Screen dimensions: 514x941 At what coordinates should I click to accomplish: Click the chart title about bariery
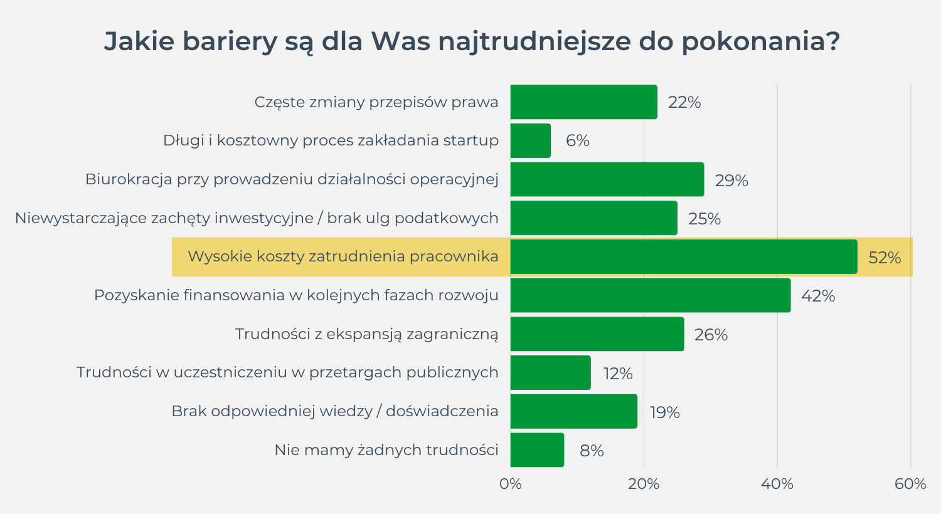click(472, 41)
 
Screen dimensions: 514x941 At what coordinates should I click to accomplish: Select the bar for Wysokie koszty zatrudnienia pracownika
click(684, 257)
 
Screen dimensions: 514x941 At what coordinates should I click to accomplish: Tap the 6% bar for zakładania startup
click(531, 140)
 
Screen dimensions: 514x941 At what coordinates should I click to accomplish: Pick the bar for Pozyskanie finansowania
click(651, 295)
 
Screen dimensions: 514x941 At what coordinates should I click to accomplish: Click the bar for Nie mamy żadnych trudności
click(537, 450)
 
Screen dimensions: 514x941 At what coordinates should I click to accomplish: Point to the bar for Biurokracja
click(607, 180)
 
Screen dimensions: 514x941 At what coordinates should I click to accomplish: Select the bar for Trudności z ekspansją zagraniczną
click(597, 334)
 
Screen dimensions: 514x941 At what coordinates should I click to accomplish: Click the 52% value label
click(885, 258)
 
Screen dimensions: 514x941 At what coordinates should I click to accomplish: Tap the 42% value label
click(818, 296)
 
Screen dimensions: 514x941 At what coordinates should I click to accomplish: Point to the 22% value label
click(684, 102)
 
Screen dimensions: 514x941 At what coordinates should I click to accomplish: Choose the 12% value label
click(618, 374)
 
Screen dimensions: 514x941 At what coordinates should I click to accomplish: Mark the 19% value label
click(665, 412)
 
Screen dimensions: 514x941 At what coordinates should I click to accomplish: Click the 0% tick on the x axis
click(511, 484)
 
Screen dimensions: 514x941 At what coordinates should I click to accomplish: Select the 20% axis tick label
click(644, 484)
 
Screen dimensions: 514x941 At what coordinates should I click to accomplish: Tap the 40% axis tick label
click(777, 484)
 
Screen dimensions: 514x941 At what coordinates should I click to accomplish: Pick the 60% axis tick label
click(910, 484)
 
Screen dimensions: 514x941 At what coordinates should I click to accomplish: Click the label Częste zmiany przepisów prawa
click(376, 102)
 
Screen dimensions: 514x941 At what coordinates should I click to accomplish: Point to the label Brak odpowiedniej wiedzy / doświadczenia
click(335, 411)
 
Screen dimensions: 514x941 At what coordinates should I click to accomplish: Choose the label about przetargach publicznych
click(287, 372)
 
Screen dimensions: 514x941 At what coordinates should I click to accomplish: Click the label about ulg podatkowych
click(257, 218)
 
